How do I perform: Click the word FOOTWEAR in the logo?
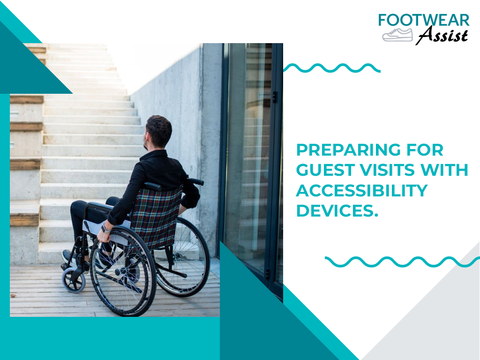424,20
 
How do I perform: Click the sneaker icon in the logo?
397,35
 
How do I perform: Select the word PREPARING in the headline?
348,150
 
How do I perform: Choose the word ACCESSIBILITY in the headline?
362,190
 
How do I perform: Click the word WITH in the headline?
444,170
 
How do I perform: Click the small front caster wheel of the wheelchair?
74,280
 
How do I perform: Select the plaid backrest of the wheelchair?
156,217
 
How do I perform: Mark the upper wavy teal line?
332,68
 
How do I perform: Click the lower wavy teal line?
402,262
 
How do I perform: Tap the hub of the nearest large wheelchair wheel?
122,271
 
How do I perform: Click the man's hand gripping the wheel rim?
103,236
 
